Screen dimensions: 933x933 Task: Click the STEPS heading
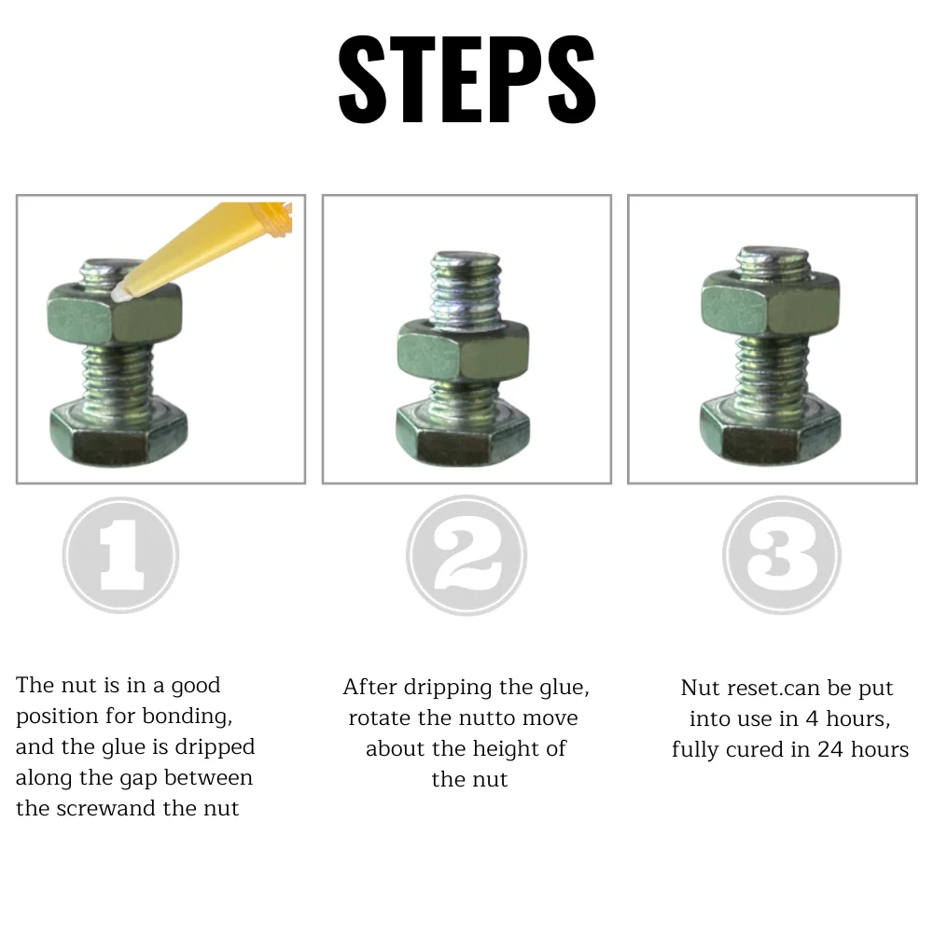466,79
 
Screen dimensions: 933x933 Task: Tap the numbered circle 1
120,555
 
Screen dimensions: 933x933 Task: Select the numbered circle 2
466,555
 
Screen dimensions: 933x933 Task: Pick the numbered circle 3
782,555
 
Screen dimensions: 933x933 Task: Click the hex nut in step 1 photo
115,313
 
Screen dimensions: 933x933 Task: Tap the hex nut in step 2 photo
463,350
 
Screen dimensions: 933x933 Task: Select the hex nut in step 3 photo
771,302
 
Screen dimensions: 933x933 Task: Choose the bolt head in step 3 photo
771,429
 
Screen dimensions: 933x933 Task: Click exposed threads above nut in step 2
466,288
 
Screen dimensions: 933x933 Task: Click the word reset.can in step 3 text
765,688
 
